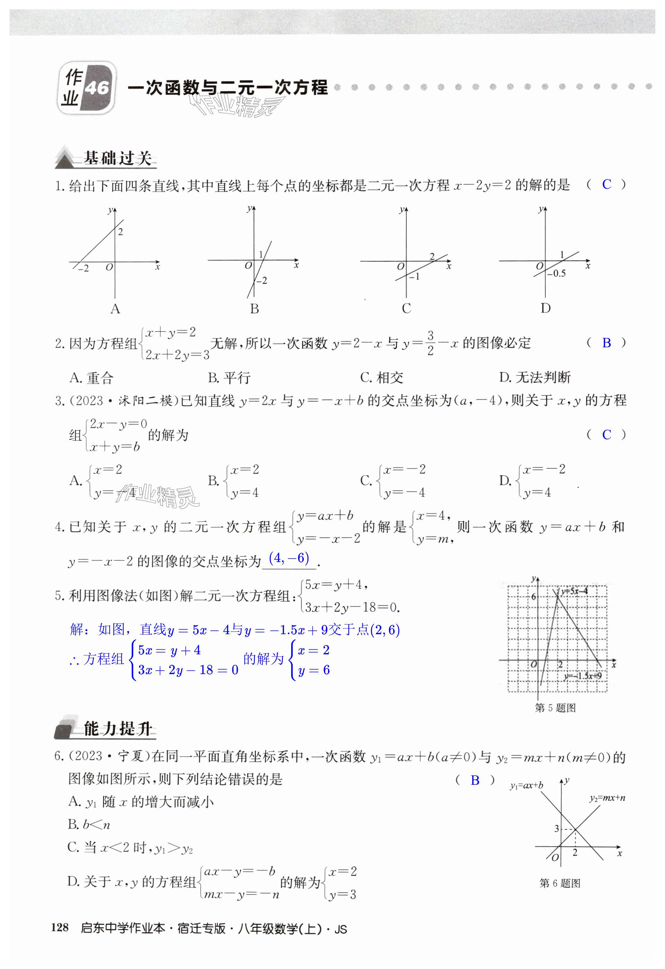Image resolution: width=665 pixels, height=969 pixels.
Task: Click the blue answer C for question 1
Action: tap(606, 184)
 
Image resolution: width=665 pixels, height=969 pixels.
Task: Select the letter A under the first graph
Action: tap(115, 309)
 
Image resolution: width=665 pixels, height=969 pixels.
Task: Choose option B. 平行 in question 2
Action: tap(229, 378)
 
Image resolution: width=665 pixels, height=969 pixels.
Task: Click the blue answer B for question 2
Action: tap(606, 343)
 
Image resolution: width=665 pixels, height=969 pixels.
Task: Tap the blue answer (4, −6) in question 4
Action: tap(289, 558)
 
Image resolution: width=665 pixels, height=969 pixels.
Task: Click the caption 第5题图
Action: tap(555, 707)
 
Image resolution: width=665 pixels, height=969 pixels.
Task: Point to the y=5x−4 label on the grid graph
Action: tap(574, 591)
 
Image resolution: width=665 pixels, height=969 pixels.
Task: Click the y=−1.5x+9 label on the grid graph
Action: tap(582, 676)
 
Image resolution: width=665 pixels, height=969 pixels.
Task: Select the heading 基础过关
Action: tap(118, 159)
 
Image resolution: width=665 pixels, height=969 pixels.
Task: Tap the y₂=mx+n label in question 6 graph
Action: tap(607, 798)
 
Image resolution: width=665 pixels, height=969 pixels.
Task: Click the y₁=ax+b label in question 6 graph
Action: tap(527, 785)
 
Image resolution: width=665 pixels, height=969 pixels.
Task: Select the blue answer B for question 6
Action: tap(475, 781)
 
